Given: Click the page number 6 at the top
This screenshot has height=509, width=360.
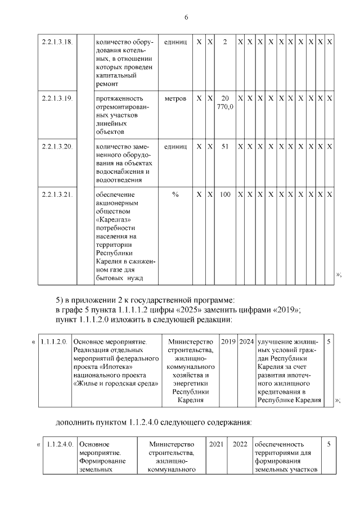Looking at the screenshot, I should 186,17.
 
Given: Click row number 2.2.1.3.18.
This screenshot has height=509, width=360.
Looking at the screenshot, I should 57,43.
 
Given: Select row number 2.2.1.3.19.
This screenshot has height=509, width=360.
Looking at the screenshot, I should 57,98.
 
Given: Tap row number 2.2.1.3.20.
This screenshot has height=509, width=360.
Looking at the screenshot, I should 57,146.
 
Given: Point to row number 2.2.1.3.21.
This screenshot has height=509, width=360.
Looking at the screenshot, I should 57,194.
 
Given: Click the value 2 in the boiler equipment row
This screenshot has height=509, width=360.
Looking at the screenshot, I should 225,43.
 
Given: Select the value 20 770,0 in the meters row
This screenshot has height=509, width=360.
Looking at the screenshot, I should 225,102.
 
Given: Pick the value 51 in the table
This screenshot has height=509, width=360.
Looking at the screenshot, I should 225,146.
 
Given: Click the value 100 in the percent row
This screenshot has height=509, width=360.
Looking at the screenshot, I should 225,194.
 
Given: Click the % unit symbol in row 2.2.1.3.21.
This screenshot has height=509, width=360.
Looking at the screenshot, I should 175,194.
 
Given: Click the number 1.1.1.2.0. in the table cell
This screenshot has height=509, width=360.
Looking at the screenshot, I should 55,341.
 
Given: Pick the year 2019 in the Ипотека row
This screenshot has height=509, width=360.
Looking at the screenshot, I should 228,341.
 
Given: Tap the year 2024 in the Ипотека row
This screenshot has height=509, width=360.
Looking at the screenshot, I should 246,341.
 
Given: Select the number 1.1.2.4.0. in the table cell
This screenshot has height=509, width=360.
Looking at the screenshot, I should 60,444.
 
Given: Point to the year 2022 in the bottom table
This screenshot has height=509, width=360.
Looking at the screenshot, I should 240,444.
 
